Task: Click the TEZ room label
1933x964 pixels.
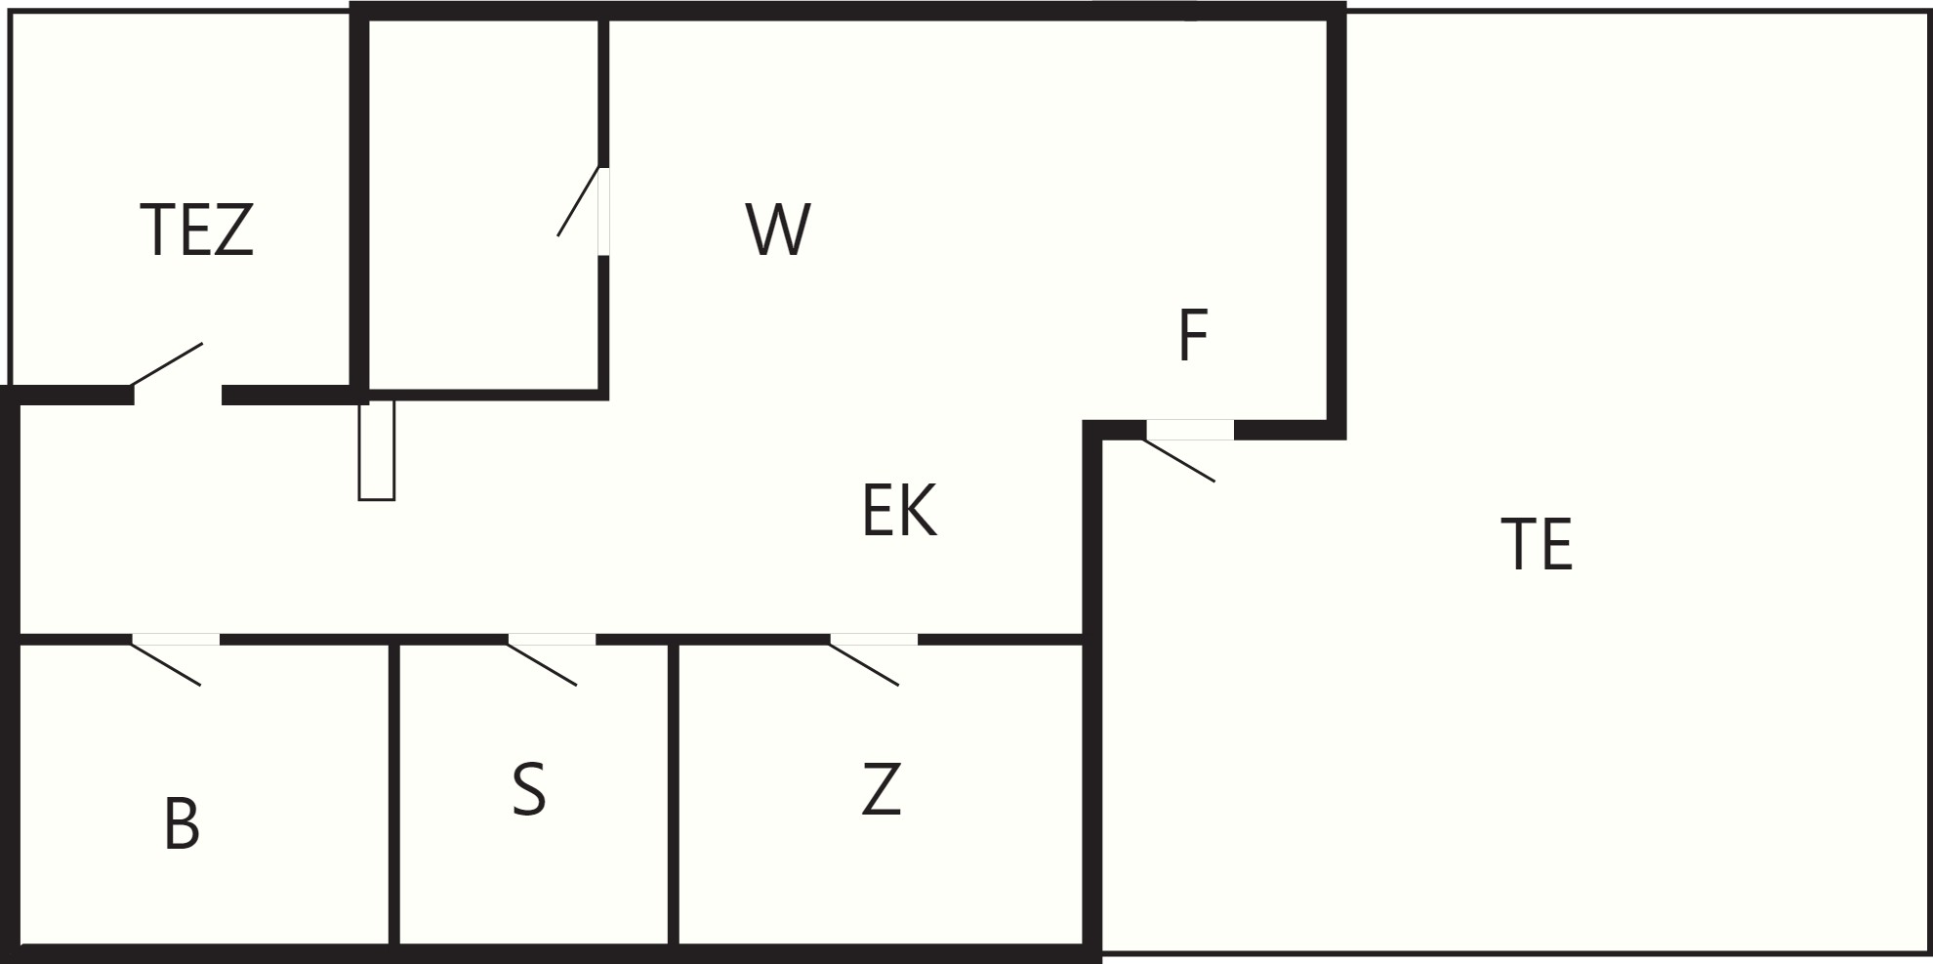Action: pos(197,231)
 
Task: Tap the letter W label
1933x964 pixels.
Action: pos(778,230)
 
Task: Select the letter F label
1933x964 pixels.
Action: pos(1194,335)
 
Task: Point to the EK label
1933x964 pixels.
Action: pos(899,510)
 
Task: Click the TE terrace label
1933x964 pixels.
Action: pos(1537,544)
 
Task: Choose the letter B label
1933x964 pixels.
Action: pos(182,823)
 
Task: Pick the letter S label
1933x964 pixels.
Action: pos(529,789)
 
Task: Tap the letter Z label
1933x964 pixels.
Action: pos(881,789)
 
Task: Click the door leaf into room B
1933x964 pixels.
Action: pos(166,663)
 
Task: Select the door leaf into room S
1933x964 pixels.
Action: pos(542,663)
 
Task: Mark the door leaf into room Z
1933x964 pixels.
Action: pos(864,663)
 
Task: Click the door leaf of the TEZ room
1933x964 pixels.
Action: pos(167,364)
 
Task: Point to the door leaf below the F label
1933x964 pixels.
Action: pos(1179,460)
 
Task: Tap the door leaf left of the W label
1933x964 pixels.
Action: pos(578,201)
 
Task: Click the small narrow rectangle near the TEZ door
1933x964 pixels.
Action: pos(376,450)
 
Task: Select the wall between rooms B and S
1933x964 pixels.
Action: pos(393,793)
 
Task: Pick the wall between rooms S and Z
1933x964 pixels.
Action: pos(674,793)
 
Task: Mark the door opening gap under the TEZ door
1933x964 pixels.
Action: pos(178,396)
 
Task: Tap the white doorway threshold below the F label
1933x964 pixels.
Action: pos(1190,430)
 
